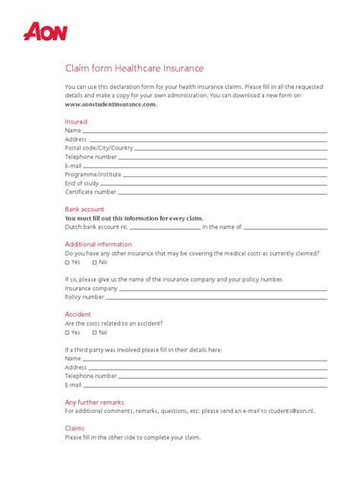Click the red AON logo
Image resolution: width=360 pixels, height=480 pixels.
[x=46, y=32]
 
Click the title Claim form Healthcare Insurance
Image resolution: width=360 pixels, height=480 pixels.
[x=134, y=68]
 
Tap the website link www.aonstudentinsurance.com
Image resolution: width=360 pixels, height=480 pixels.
[x=111, y=105]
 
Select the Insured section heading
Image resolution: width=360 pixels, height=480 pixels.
[x=76, y=122]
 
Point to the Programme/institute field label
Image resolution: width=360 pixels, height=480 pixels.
[x=93, y=175]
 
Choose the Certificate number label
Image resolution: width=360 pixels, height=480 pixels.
[x=90, y=192]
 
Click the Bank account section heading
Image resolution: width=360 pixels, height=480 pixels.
[x=84, y=209]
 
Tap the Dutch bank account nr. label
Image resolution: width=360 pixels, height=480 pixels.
[x=96, y=226]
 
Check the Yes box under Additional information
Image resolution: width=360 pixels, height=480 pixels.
[x=68, y=262]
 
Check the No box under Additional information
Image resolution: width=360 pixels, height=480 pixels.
[x=95, y=262]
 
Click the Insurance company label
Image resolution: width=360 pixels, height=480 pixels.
[x=91, y=289]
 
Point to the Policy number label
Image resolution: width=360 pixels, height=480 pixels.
[x=84, y=297]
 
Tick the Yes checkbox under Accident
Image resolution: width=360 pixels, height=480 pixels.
[x=68, y=333]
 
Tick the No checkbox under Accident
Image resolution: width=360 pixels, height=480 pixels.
[x=95, y=333]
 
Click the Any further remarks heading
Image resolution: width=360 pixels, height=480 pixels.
[x=94, y=402]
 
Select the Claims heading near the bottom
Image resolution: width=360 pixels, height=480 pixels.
[x=74, y=428]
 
